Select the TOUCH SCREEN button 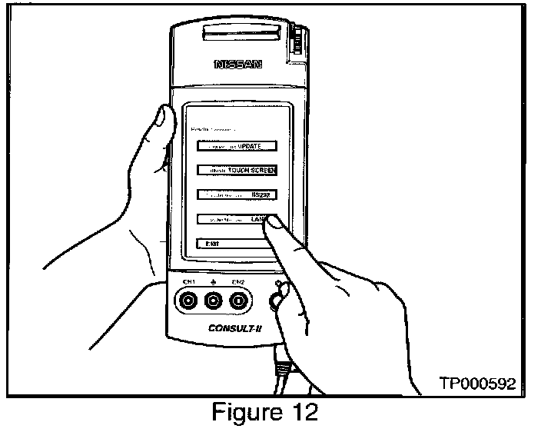coord(236,171)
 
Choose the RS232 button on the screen coord(236,195)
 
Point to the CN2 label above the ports coord(238,282)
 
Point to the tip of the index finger coord(278,222)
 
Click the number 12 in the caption coord(300,412)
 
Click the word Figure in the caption coord(248,413)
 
